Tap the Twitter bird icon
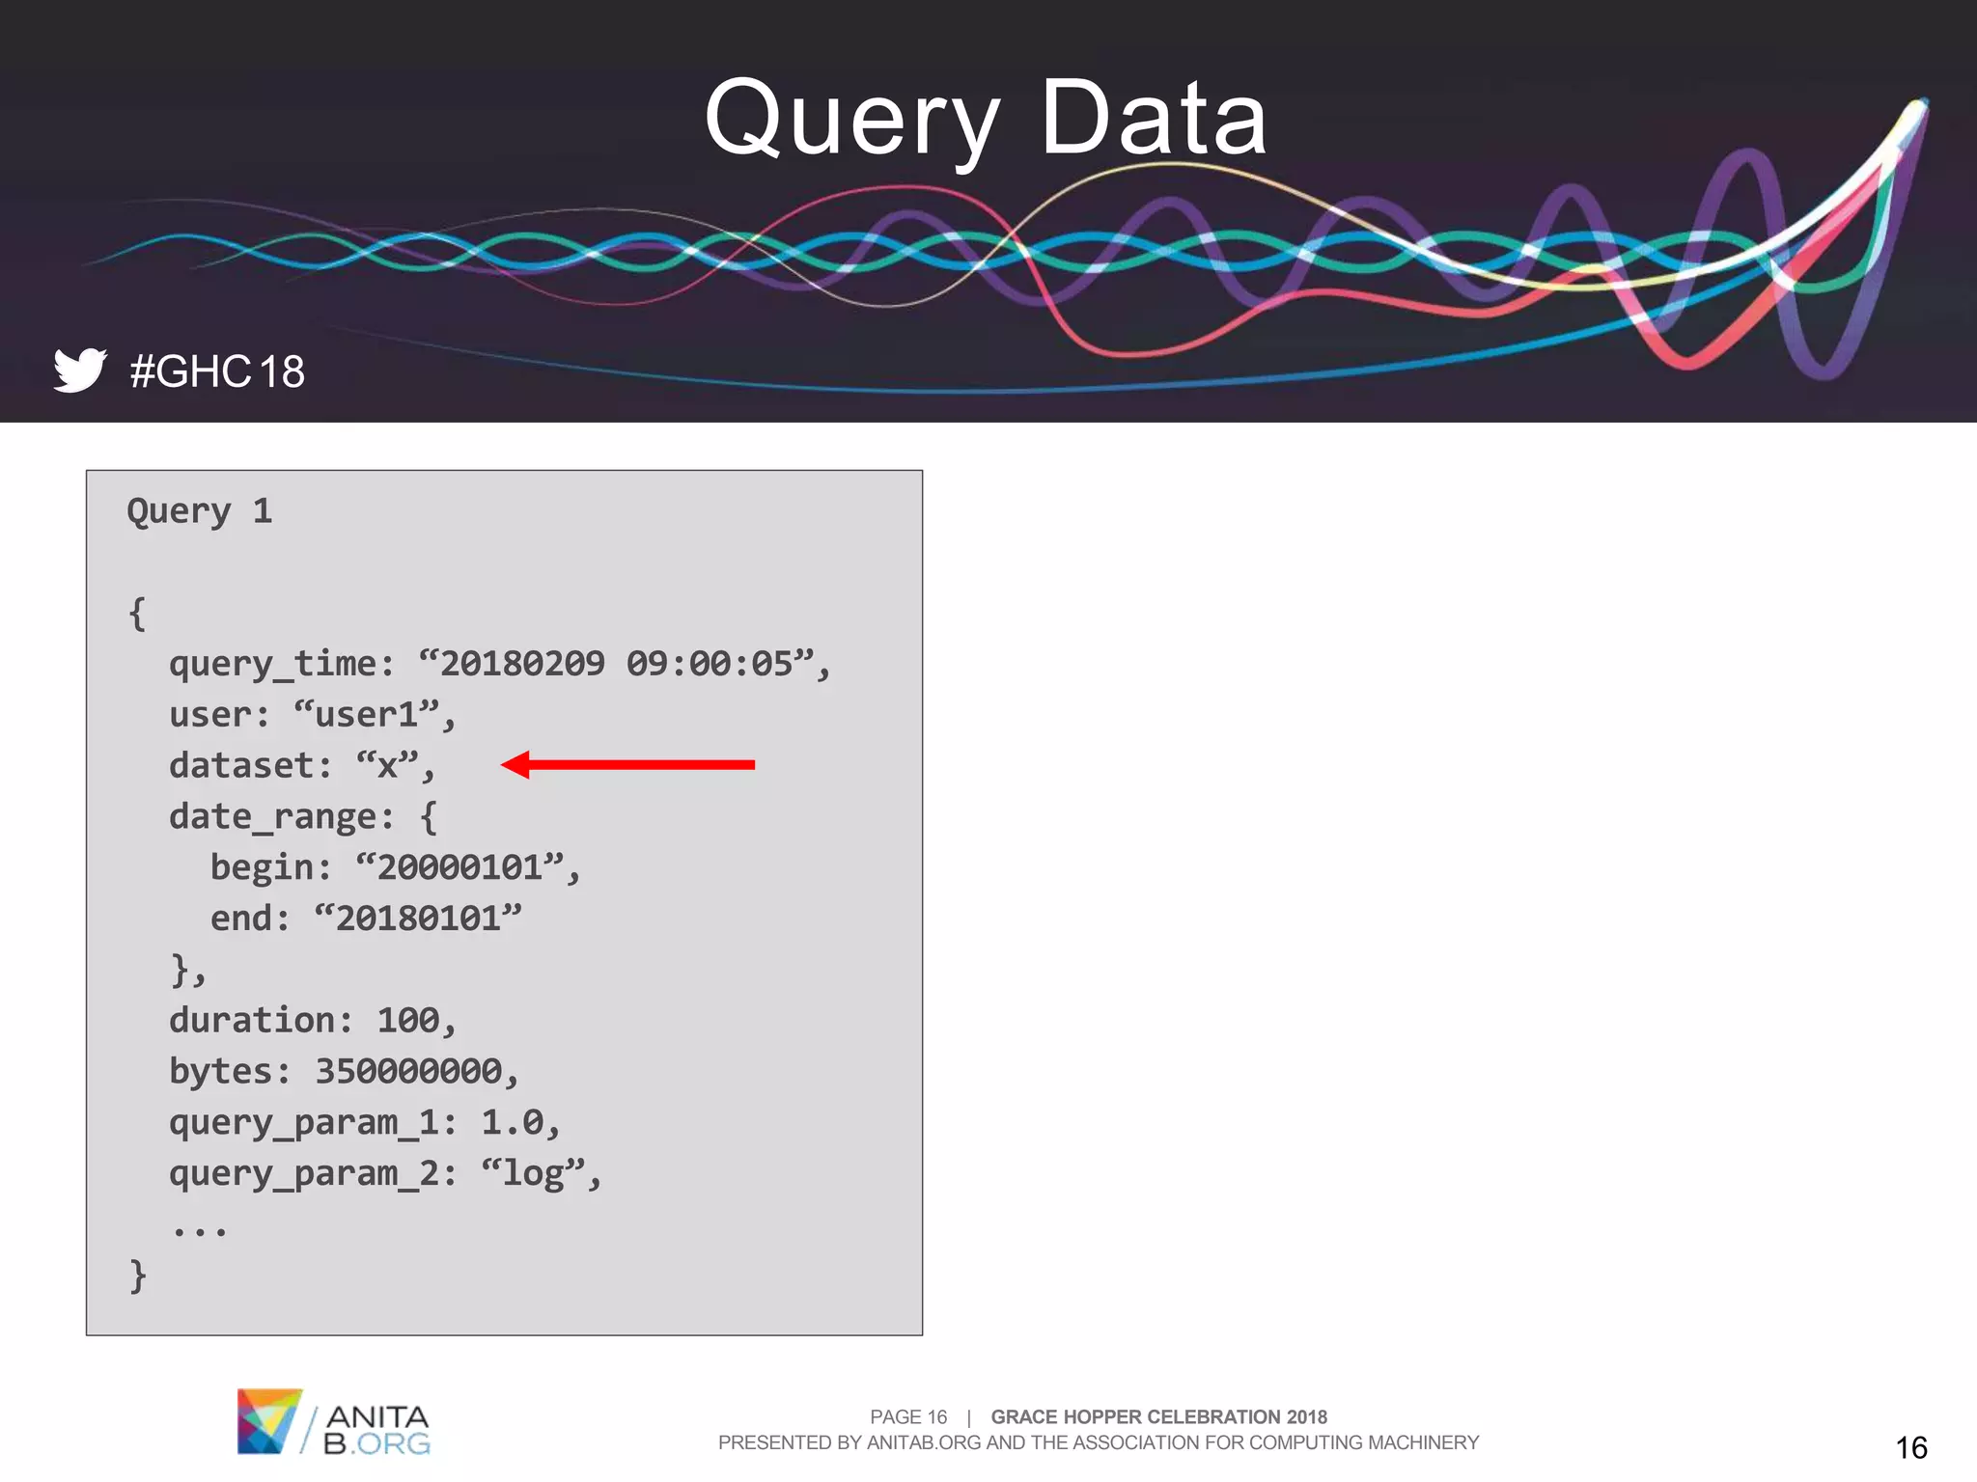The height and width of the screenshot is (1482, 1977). tap(79, 370)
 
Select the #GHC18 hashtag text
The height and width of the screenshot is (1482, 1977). tap(217, 371)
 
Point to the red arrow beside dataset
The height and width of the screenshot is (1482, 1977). tap(628, 764)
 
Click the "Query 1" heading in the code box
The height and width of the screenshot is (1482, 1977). tap(200, 511)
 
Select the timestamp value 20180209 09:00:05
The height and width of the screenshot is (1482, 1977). tap(618, 664)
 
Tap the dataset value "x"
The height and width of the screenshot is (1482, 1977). tap(387, 766)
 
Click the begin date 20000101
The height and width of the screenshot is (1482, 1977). tap(459, 867)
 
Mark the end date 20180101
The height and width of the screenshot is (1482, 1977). tap(418, 919)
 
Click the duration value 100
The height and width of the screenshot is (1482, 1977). tap(407, 1021)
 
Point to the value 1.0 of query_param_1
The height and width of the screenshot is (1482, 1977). tap(512, 1122)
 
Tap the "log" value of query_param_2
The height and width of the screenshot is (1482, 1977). tap(533, 1173)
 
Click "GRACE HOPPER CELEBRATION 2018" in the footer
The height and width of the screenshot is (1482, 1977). tap(1158, 1416)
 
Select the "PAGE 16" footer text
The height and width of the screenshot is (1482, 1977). tap(908, 1416)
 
